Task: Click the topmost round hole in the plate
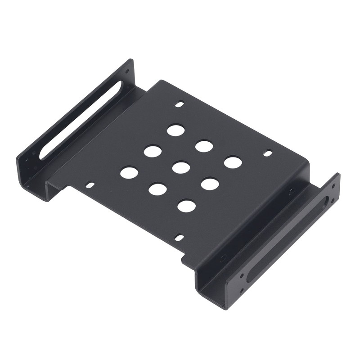pos(176,130)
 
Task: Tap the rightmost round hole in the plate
pos(232,162)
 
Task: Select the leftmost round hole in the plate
pos(129,171)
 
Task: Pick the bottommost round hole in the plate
pos(186,206)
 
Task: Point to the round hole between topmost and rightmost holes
pos(204,146)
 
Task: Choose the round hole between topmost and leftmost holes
pos(153,151)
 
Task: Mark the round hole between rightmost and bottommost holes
pos(210,184)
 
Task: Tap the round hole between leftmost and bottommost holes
pos(157,189)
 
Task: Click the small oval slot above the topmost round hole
pos(180,104)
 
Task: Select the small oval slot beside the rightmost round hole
pos(269,153)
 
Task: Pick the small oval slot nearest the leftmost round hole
pos(91,184)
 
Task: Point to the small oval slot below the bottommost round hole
pos(179,237)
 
